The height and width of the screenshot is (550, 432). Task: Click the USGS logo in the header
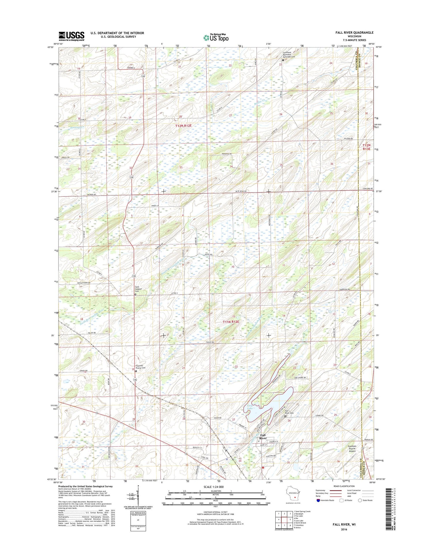pos(71,36)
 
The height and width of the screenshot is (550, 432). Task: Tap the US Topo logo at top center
pos(216,37)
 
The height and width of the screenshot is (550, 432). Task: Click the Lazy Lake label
pos(250,407)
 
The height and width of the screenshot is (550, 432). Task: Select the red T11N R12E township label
pos(231,322)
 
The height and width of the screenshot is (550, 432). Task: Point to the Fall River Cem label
pos(289,412)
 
